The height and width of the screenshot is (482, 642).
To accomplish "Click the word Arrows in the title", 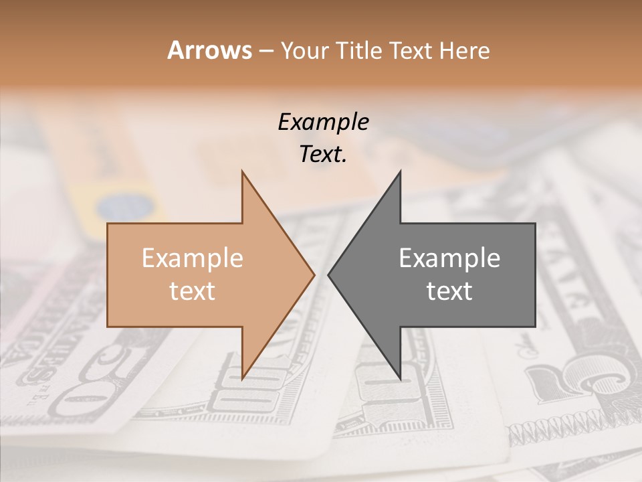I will [209, 50].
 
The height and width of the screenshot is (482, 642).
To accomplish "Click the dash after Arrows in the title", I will [265, 52].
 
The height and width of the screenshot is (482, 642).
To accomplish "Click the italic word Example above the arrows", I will [323, 123].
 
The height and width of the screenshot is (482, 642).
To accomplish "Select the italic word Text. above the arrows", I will [323, 155].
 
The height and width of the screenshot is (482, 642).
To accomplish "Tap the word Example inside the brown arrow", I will [193, 258].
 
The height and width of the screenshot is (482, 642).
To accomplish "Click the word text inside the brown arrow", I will [193, 291].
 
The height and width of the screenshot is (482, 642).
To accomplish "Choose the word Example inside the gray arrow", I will [449, 258].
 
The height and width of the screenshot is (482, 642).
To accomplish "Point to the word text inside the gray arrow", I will [449, 291].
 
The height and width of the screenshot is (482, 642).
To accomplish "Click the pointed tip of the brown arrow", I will [314, 274].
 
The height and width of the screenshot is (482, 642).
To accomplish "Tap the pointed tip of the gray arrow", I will [328, 274].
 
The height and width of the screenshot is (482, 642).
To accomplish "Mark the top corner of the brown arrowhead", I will [242, 171].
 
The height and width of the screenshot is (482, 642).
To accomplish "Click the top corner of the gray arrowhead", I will [400, 171].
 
